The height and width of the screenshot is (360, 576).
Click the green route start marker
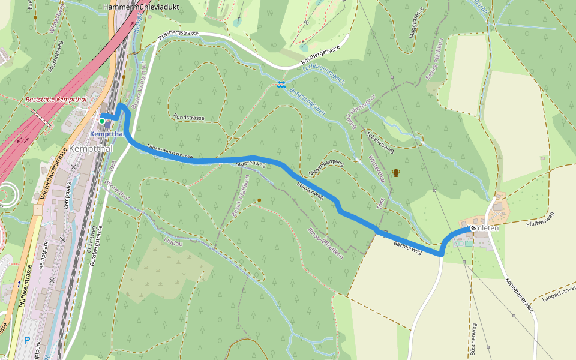[102, 121]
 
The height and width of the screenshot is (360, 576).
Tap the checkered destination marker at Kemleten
[473, 228]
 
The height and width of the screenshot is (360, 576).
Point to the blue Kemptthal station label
[106, 133]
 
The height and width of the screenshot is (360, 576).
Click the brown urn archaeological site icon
[395, 173]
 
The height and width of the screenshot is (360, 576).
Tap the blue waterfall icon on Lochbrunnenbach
[281, 85]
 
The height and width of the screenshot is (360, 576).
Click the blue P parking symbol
[27, 340]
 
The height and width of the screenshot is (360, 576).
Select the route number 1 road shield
[37, 210]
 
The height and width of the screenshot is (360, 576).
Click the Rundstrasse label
[188, 118]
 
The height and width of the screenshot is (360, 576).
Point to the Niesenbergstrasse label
[170, 152]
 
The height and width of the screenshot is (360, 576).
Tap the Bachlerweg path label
[407, 248]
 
